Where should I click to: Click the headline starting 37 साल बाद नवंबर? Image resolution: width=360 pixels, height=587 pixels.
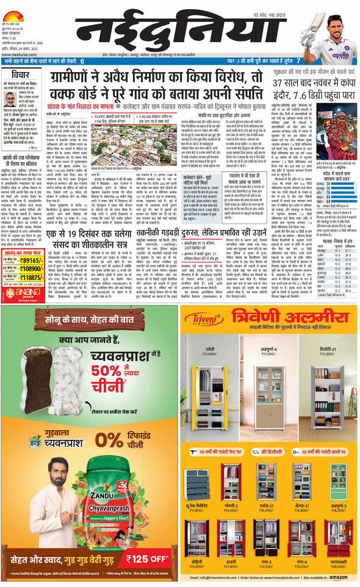[x=313, y=82]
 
